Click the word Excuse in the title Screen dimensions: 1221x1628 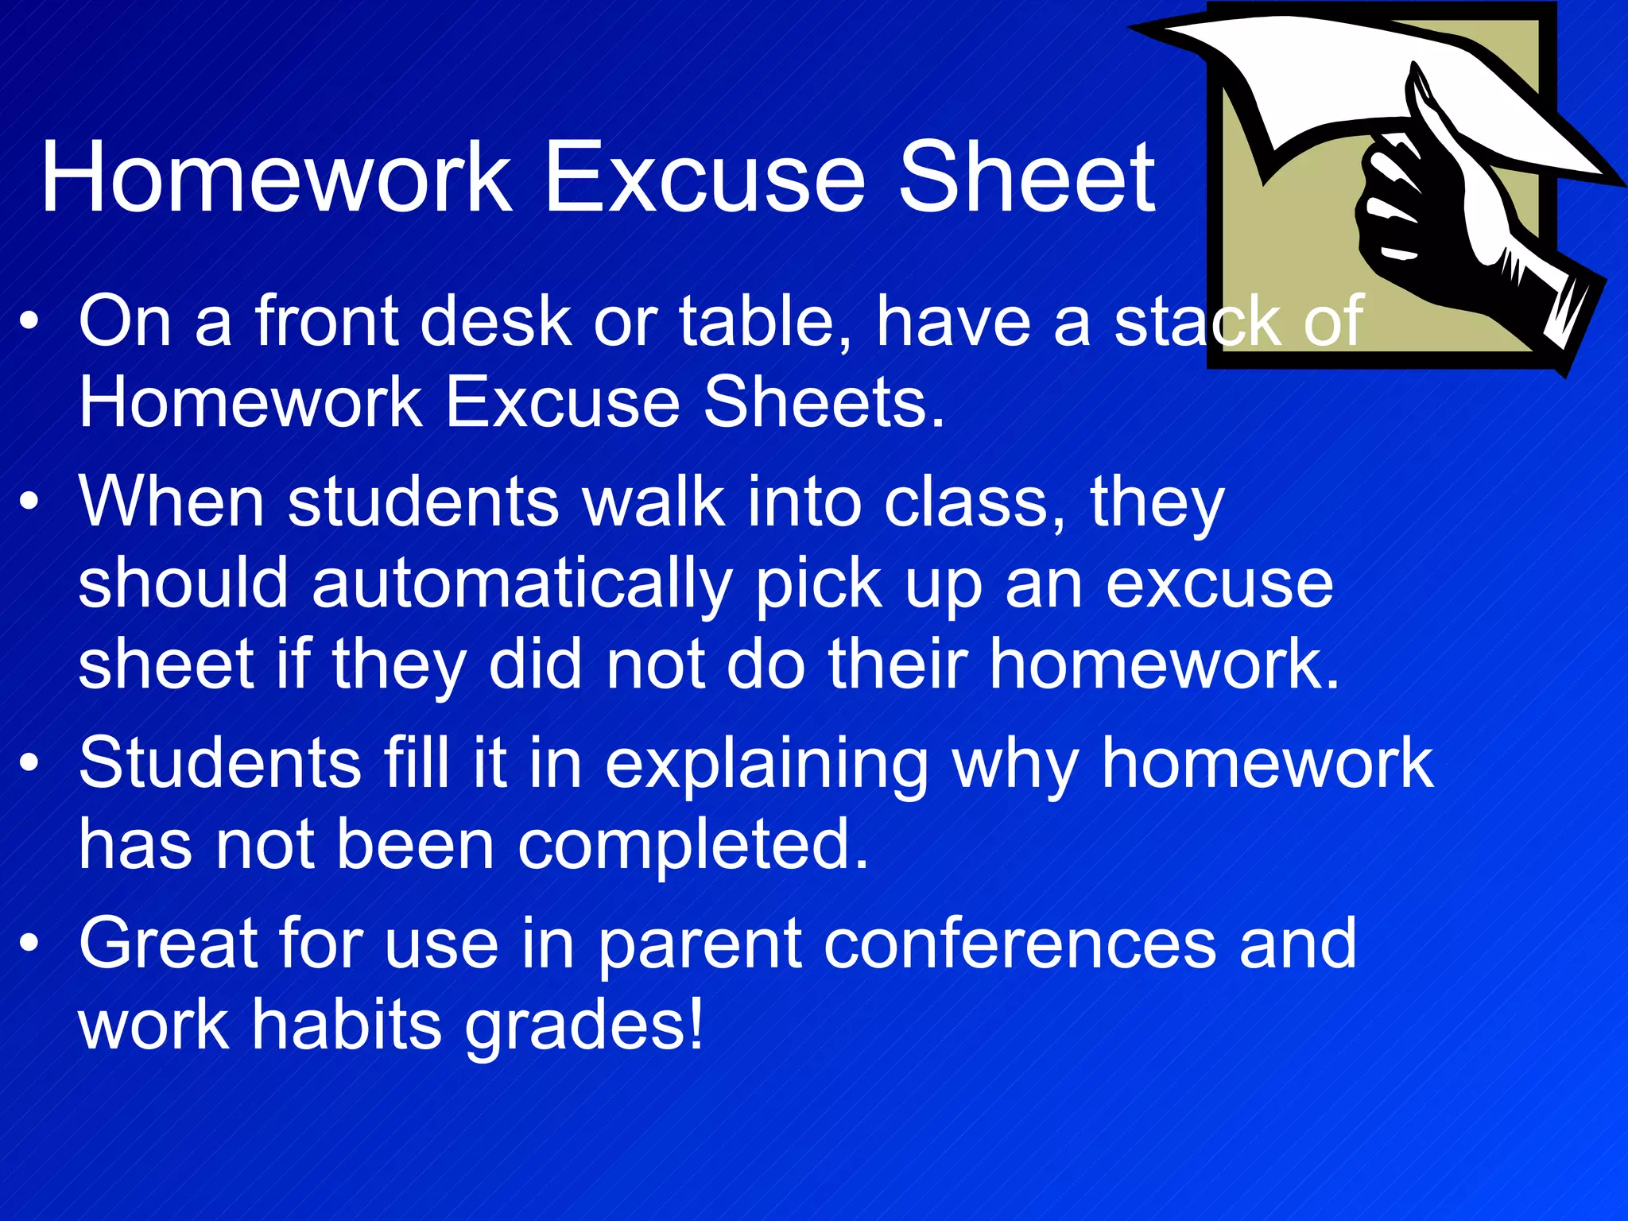point(704,177)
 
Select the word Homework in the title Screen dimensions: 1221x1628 point(276,177)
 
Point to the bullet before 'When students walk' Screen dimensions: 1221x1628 point(29,502)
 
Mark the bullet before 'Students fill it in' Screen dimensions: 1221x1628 point(29,762)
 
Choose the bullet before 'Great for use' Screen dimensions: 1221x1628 point(29,943)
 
